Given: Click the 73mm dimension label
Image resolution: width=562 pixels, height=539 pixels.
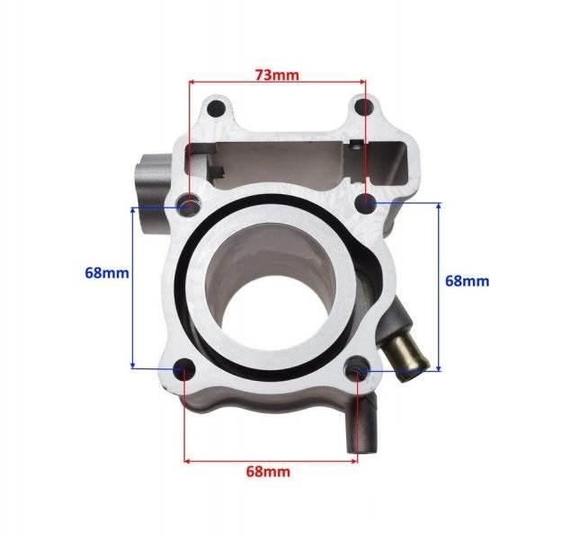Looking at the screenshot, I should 277,75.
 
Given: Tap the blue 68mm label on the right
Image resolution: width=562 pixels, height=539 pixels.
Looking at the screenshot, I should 468,281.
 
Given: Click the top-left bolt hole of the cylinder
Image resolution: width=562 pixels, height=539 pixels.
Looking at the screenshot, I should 215,110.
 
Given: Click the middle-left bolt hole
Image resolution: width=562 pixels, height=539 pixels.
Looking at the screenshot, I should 190,205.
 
